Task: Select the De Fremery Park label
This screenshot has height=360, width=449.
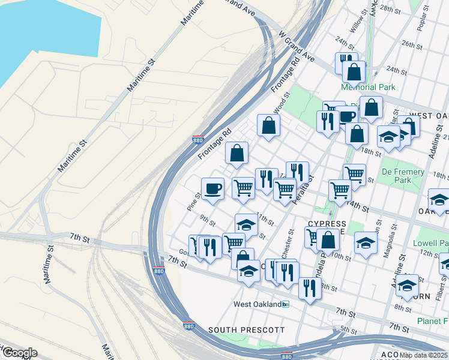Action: pos(403,176)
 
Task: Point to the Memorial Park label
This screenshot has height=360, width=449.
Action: pos(368,87)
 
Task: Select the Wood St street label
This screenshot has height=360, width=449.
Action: pos(282,102)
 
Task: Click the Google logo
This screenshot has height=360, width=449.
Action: pos(19,353)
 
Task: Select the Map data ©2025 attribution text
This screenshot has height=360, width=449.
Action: pos(423,355)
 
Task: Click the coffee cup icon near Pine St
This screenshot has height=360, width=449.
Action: pos(212,189)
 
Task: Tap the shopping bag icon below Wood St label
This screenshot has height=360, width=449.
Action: pos(268,126)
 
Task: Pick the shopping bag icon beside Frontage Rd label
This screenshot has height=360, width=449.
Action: pos(237,154)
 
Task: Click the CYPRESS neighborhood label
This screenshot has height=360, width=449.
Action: pos(327,223)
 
